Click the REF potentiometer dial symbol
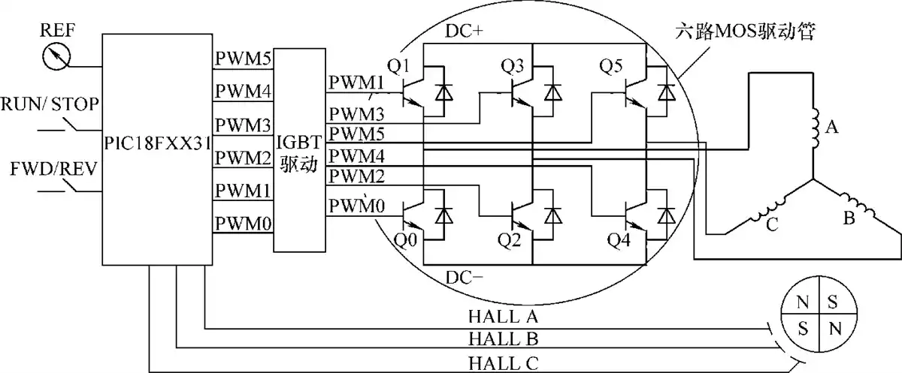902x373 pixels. click(56, 56)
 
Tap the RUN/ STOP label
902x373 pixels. click(50, 104)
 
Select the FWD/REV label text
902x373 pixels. click(53, 169)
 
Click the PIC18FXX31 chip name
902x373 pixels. click(157, 143)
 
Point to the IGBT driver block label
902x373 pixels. click(299, 154)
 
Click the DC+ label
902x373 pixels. click(464, 32)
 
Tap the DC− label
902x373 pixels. click(464, 278)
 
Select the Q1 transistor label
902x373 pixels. click(398, 66)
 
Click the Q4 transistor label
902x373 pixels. click(619, 240)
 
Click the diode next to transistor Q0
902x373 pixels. click(443, 216)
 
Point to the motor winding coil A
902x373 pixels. click(815, 128)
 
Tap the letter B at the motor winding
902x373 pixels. click(849, 218)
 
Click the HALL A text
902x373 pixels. click(504, 317)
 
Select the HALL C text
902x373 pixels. click(504, 364)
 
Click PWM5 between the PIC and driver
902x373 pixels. click(244, 59)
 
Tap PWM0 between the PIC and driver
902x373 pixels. click(244, 224)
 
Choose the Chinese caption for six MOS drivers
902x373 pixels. click(746, 31)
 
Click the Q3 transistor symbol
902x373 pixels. click(522, 94)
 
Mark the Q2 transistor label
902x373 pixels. click(510, 240)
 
